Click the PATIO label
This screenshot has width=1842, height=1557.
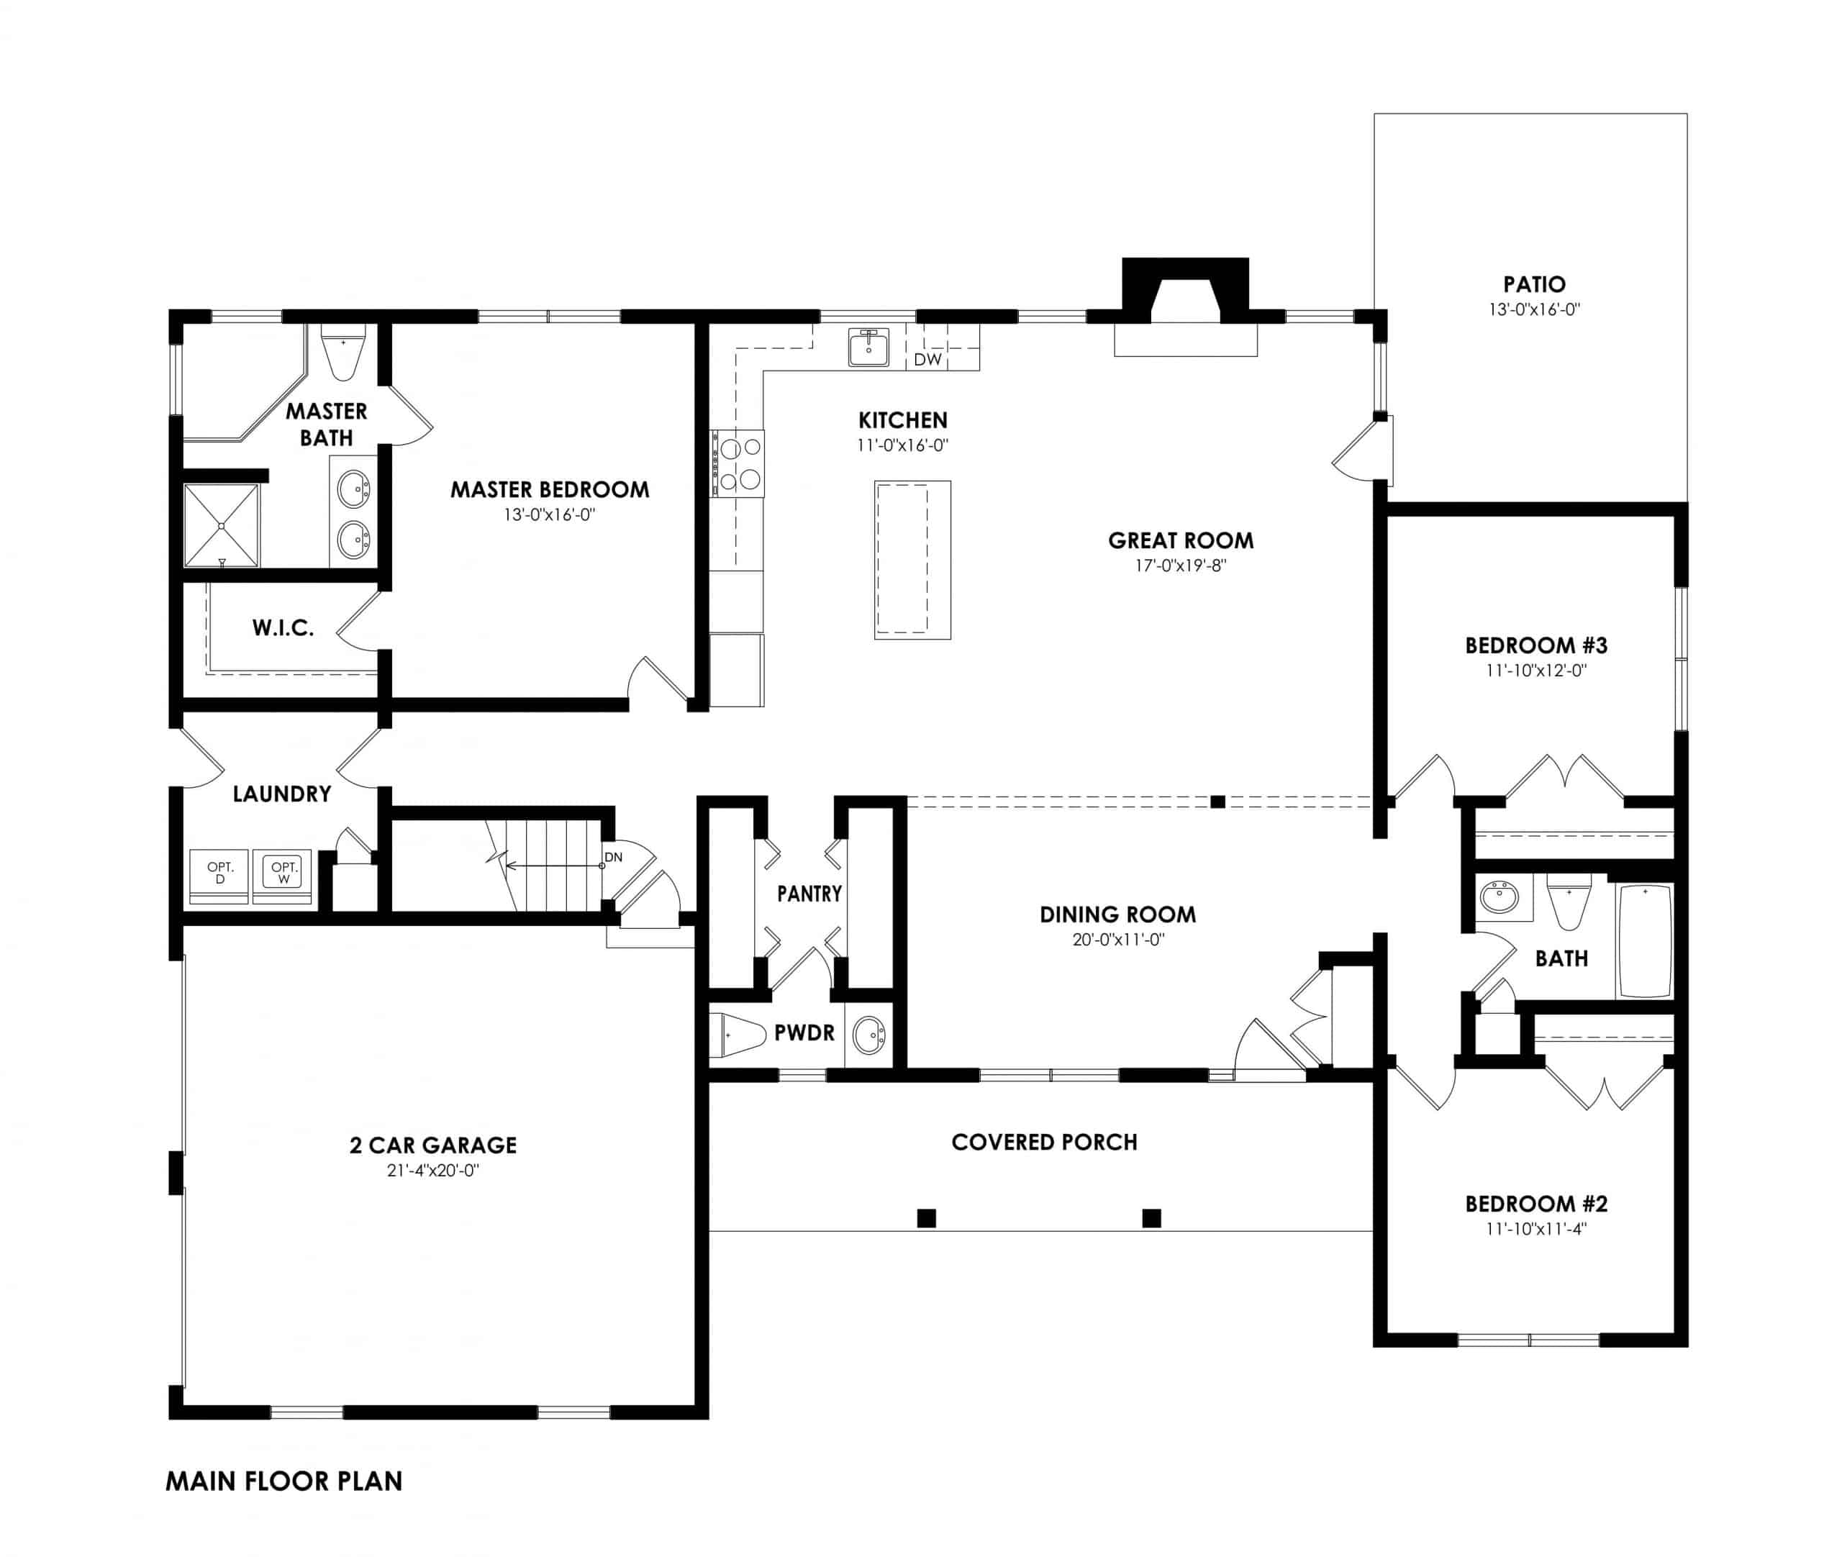[1534, 284]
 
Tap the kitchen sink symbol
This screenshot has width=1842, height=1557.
[868, 347]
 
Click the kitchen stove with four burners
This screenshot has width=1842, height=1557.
[740, 463]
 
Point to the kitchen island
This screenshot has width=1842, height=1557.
[912, 560]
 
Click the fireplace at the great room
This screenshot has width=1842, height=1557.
[1184, 300]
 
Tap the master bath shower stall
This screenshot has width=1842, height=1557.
[221, 525]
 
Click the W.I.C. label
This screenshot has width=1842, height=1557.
[283, 627]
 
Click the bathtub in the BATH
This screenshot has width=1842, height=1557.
[1644, 941]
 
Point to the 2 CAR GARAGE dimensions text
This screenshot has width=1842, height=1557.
[432, 1171]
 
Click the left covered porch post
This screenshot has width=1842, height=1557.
[926, 1218]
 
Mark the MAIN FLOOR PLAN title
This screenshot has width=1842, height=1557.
[283, 1481]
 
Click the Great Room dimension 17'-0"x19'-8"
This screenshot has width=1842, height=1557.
[1180, 566]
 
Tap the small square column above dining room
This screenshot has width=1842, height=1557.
[1217, 802]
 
